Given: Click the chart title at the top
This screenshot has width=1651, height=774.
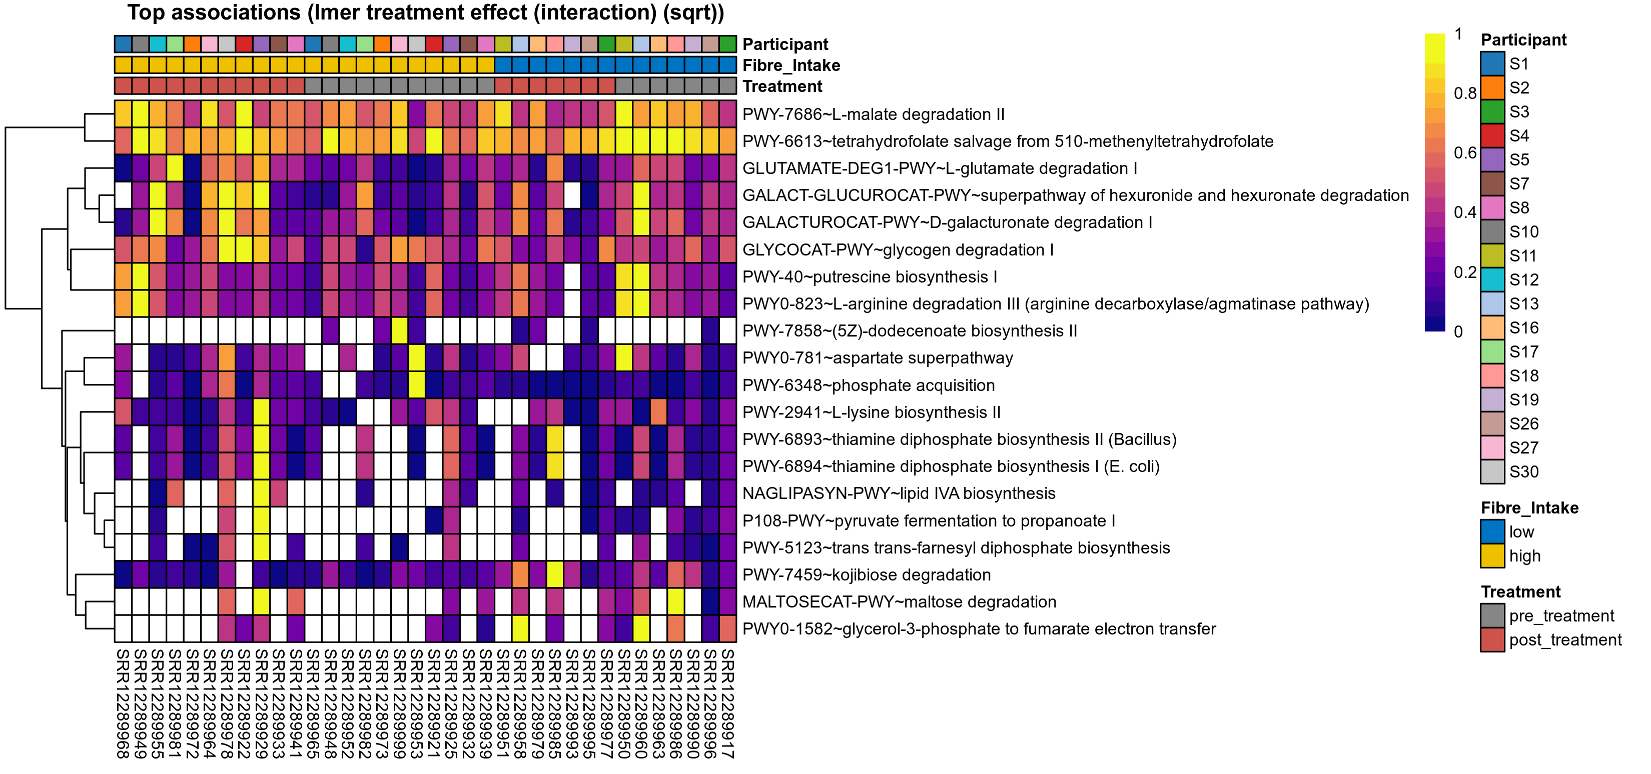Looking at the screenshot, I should (426, 13).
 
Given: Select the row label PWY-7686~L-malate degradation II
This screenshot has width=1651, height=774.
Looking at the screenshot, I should (873, 114).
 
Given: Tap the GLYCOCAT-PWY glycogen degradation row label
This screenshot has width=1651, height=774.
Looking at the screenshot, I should (897, 250).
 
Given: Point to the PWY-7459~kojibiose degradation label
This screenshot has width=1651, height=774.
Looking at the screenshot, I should (866, 574).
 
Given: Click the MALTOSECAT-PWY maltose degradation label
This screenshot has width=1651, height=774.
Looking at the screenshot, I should (899, 601).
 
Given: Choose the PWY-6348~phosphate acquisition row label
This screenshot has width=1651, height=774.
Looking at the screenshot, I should (868, 385).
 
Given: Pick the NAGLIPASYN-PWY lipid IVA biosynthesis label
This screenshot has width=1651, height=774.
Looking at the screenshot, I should (898, 493).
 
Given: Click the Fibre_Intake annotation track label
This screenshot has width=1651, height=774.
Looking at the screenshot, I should (791, 65).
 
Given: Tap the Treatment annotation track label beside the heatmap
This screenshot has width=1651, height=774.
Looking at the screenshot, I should (782, 86).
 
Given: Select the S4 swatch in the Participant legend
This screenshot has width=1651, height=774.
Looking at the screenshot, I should (1492, 136).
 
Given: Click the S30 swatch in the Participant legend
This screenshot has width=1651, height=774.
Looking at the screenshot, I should (1492, 471).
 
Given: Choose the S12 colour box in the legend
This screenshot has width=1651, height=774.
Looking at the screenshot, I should (1492, 280).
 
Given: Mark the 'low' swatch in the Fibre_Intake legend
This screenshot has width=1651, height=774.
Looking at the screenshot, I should (1492, 532).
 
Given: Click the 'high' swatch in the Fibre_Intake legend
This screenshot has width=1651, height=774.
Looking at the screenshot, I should (1492, 556).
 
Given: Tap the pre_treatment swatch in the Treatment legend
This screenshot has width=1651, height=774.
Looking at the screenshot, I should (1492, 615).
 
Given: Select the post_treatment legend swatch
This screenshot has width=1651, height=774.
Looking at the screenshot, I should (1492, 640).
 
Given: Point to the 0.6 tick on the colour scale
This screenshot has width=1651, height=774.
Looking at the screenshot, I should (1464, 153).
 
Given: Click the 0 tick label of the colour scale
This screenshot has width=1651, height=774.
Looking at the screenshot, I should (1458, 332).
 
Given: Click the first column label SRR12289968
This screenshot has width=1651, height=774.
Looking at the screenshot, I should (123, 703).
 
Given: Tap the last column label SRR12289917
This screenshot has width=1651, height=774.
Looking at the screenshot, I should (727, 703).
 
